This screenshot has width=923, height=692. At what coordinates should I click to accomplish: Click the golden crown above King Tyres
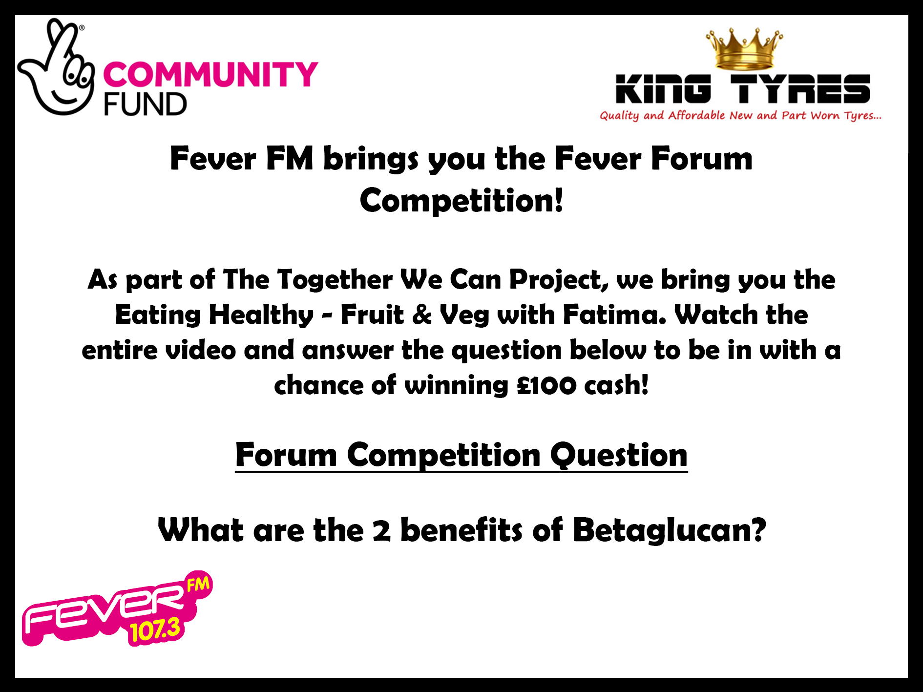(x=744, y=49)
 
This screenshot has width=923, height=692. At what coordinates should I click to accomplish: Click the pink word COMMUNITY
(x=210, y=74)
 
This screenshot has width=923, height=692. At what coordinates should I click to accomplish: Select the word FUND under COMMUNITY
(x=145, y=104)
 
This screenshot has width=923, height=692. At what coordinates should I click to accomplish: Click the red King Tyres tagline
(x=741, y=116)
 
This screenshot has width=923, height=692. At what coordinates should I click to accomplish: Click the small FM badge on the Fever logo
(x=198, y=583)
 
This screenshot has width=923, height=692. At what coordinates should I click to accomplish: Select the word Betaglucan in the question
(x=669, y=530)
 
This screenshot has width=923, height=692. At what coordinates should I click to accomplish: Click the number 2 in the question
(x=381, y=531)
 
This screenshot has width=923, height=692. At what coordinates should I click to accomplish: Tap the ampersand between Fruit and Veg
(x=422, y=315)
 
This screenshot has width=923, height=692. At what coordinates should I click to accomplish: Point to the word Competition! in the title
(x=461, y=200)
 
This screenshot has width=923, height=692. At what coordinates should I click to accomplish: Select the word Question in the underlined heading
(x=619, y=455)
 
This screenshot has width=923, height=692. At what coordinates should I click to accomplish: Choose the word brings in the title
(x=371, y=159)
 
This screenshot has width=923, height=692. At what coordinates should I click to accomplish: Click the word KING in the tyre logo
(x=663, y=89)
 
